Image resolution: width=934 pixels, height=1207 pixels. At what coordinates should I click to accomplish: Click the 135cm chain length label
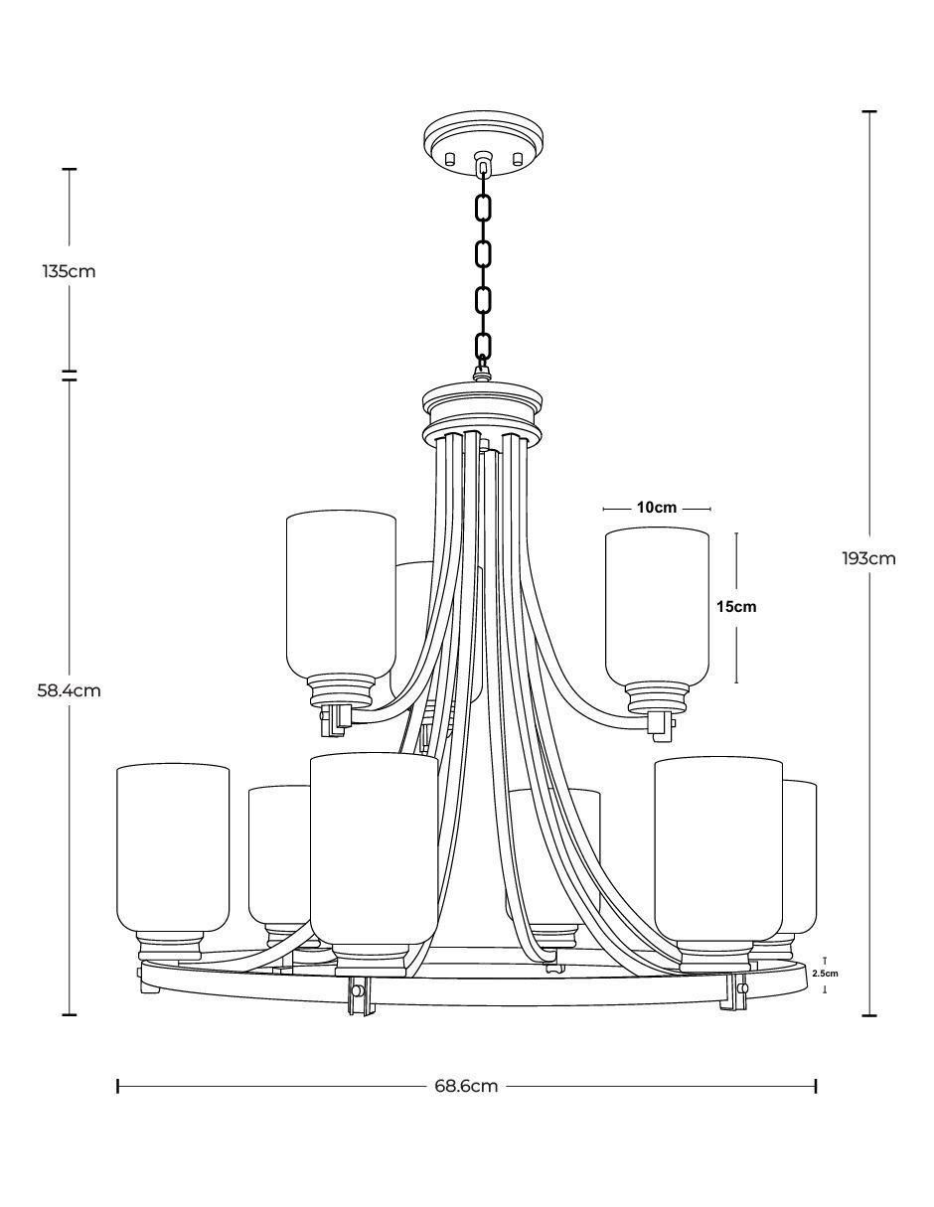point(69,271)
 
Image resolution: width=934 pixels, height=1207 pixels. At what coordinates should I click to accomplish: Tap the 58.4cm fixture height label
point(69,691)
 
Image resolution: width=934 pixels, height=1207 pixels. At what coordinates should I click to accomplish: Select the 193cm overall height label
point(869,558)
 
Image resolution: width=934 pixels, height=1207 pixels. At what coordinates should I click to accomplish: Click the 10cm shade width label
point(657,507)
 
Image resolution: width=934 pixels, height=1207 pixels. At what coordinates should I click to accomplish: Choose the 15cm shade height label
point(736,607)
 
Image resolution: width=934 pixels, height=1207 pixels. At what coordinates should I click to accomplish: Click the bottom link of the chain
point(484,347)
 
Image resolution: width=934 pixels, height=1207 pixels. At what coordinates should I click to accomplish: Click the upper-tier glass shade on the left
point(341,595)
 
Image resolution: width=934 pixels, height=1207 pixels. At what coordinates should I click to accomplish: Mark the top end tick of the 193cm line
point(869,111)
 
